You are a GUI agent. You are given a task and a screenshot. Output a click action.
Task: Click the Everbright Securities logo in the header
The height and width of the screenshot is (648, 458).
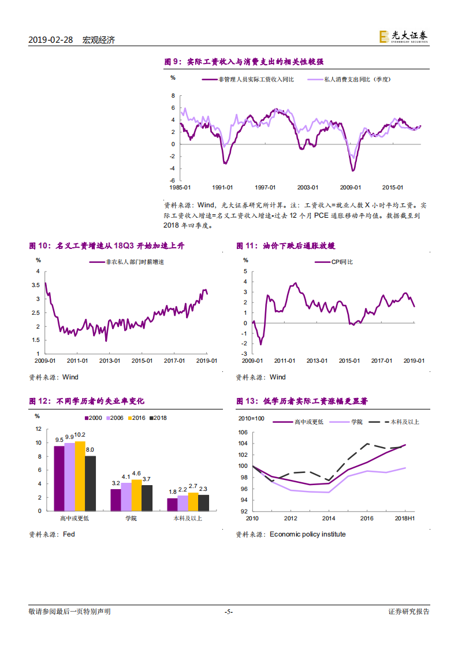coord(403,36)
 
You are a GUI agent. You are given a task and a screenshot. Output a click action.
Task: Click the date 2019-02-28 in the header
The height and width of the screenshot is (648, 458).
coord(51,40)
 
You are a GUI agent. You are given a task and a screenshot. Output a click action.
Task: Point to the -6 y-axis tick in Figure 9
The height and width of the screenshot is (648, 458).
coord(172,180)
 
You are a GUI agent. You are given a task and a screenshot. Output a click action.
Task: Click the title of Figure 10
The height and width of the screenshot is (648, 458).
coord(106,246)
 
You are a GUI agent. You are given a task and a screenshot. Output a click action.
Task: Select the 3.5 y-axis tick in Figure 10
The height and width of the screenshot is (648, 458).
coord(38,285)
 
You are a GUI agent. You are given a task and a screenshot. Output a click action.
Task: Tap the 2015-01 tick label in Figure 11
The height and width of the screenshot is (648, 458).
coord(349,360)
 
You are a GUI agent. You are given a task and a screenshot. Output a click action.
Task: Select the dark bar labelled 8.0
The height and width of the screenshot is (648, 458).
coord(90,483)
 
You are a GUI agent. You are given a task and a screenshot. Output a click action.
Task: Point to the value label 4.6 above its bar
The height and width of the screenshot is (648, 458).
coord(136,473)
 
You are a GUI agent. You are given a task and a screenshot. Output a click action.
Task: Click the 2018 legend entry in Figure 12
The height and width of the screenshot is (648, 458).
coord(158,418)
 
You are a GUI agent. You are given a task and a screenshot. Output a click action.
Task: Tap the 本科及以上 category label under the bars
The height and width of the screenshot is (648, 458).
coord(188,519)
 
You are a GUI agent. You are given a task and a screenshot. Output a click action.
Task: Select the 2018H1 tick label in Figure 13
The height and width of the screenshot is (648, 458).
coord(406,519)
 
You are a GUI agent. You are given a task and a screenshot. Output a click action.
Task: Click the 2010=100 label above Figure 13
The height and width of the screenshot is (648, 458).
coord(251,419)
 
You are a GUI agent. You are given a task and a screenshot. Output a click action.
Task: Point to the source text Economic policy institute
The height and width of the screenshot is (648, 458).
coord(307,534)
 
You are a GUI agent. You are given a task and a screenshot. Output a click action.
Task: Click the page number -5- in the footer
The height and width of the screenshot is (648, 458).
coord(229,612)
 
